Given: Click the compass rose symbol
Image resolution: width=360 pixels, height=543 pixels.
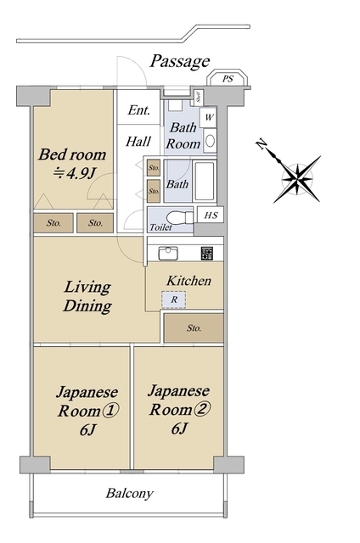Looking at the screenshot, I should [x=297, y=177].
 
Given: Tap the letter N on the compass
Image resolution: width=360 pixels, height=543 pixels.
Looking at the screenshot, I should [x=262, y=144].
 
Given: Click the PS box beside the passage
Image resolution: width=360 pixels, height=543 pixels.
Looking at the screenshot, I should [x=227, y=79].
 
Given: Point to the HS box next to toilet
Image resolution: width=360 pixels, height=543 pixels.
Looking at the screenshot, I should [x=210, y=216].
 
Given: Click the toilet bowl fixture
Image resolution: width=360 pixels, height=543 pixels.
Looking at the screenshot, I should [x=174, y=216].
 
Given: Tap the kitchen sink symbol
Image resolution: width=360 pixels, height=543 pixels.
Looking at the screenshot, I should [x=168, y=252].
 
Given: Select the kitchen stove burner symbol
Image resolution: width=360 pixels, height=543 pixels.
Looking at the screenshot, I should [x=206, y=252].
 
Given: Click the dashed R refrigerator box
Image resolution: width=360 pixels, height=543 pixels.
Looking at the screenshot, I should [x=173, y=299].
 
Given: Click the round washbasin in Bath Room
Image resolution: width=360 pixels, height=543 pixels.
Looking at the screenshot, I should [x=210, y=141].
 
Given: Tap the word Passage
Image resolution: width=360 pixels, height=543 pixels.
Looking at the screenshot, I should [x=179, y=61].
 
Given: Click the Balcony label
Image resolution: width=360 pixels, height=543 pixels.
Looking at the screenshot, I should [x=129, y=493].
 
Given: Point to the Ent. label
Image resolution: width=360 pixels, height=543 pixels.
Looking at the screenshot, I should [x=138, y=110].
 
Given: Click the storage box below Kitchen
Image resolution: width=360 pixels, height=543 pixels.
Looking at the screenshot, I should [x=194, y=327].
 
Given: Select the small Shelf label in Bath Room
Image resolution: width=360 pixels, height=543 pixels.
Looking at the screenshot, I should [x=198, y=96].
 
